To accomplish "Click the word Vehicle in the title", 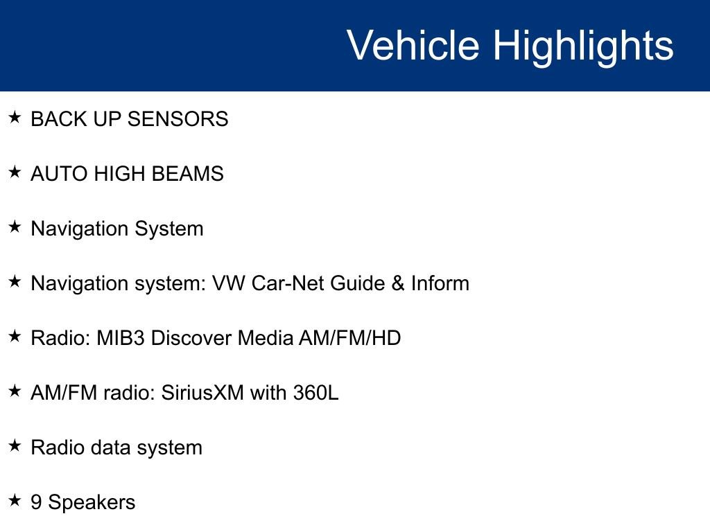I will click(x=413, y=46).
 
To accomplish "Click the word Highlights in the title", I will click(x=583, y=46).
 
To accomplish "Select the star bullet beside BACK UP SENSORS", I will click(x=15, y=118).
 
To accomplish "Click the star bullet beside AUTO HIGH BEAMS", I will click(x=15, y=172).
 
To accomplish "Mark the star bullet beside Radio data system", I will click(x=15, y=446).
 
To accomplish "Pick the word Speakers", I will click(x=92, y=503).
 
